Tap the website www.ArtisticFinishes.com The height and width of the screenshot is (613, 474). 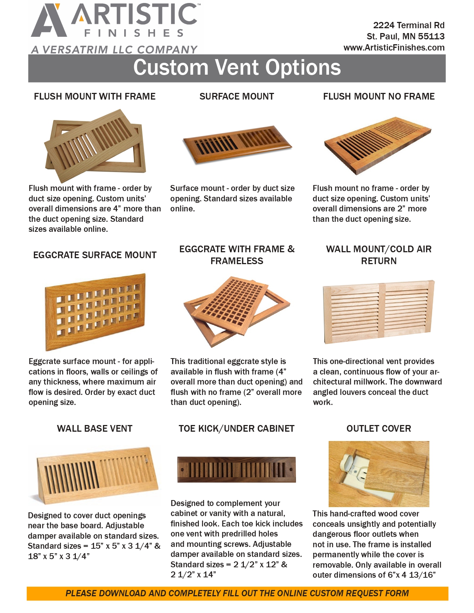point(394,48)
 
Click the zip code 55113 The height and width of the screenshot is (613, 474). point(431,36)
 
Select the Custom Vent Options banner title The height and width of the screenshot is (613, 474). point(237,68)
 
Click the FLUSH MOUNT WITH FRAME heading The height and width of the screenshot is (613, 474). point(94,97)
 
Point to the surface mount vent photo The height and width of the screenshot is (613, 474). point(237,144)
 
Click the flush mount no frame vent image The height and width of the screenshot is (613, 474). point(377,145)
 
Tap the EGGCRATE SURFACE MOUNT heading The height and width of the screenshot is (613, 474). point(94,255)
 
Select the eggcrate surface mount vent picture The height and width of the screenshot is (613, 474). point(95,311)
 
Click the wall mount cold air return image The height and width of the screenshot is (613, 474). point(378,311)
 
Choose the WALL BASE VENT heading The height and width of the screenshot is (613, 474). point(94,429)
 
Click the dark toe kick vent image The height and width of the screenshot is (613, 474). point(236,470)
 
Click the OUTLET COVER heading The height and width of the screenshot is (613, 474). point(378,429)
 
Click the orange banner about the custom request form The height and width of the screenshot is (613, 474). point(237,593)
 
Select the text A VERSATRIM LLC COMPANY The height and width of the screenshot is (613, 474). point(114,50)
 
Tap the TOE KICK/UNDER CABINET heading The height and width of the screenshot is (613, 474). point(236,429)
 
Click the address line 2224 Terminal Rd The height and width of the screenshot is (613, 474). point(409,25)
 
